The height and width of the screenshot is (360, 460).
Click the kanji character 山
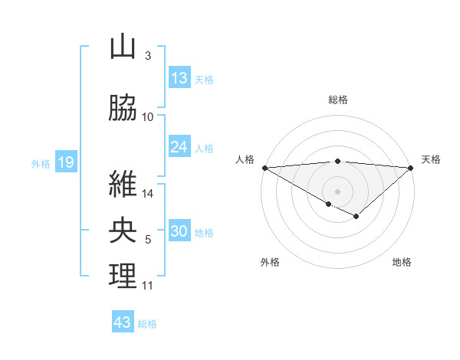coord(123,47)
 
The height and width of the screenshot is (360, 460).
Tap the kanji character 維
coord(123,185)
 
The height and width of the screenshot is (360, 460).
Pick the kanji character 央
coord(123,231)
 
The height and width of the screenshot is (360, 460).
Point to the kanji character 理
coord(123,277)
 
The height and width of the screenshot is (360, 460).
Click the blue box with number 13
coord(179,78)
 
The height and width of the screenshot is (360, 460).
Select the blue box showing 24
coord(179,147)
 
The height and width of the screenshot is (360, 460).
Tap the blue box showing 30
coord(179,232)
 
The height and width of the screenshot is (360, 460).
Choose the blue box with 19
coord(65,162)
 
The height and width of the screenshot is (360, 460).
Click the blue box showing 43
coord(123,322)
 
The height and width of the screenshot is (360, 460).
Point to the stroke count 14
coord(148,194)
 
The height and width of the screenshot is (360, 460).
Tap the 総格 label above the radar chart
coord(337,100)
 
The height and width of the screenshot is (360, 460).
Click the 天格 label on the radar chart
coord(432,159)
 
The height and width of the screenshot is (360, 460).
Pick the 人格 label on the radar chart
coord(245,159)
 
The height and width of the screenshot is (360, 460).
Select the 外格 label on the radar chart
coord(270,262)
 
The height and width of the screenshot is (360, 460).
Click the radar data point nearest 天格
coord(411,167)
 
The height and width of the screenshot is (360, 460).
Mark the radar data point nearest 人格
coord(264,167)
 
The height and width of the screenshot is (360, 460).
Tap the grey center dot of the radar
coord(337,190)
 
